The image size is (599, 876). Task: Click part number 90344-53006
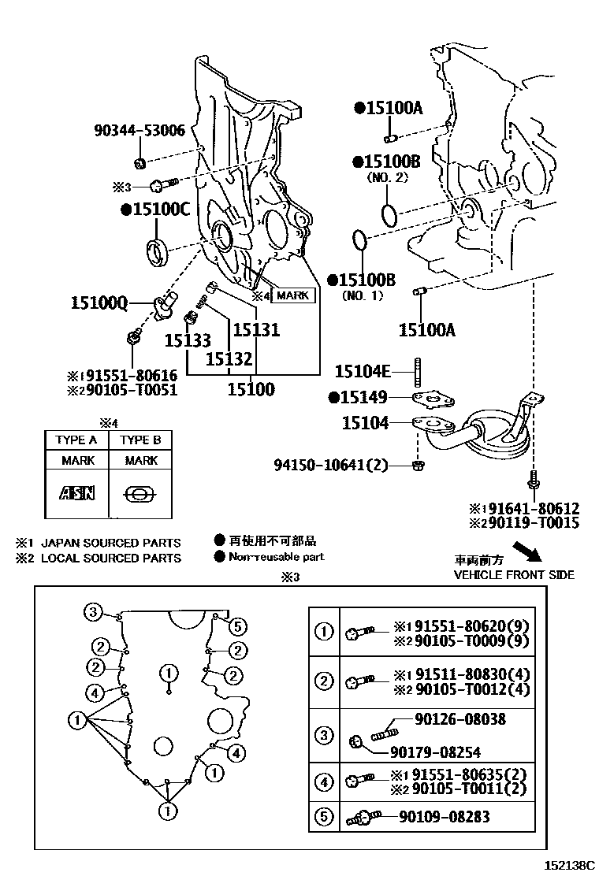139,131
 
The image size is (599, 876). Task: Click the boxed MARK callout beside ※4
292,295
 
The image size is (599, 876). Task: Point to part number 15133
188,340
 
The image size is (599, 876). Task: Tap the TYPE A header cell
76,440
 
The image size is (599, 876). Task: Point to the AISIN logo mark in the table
76,493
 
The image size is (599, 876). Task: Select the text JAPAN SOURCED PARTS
110,543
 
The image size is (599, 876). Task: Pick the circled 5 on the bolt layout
240,626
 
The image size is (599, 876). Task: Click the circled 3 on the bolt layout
93,612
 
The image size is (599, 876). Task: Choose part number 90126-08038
460,719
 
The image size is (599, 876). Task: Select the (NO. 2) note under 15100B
387,178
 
